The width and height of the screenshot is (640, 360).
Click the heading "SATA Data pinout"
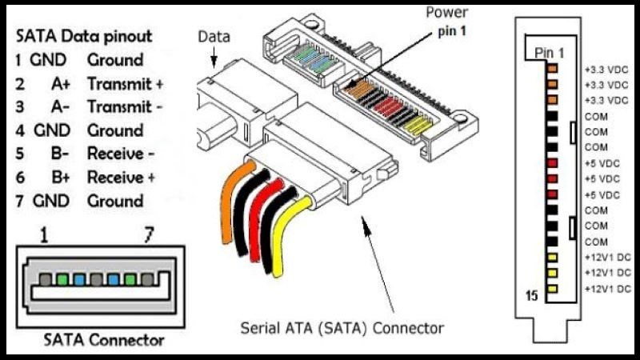(x=84, y=36)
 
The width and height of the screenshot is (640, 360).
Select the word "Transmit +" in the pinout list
(x=125, y=83)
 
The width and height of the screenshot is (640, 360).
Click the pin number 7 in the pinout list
(x=20, y=201)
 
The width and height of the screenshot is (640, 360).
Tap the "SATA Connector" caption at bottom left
(x=104, y=340)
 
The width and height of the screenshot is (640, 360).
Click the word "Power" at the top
(x=446, y=13)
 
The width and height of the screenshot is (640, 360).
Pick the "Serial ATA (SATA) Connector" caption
(x=342, y=328)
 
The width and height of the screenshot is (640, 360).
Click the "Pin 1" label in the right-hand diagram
(x=549, y=53)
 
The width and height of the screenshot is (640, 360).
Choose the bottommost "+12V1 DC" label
(x=608, y=288)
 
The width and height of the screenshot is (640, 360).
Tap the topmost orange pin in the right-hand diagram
(x=552, y=69)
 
